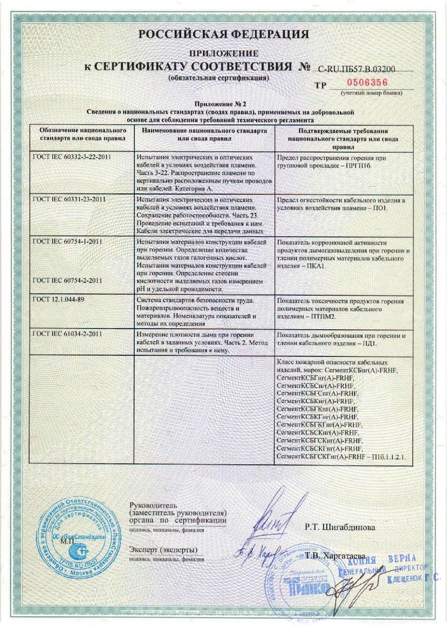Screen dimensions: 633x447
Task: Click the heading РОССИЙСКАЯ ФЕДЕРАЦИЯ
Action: pos(223,34)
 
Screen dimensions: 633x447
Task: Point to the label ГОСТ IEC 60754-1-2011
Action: pos(67,241)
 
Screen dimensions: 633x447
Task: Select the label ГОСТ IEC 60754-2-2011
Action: pos(67,280)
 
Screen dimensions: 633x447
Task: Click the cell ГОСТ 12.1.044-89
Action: pos(59,300)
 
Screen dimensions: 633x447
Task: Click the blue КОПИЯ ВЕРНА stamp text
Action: pos(386,560)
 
